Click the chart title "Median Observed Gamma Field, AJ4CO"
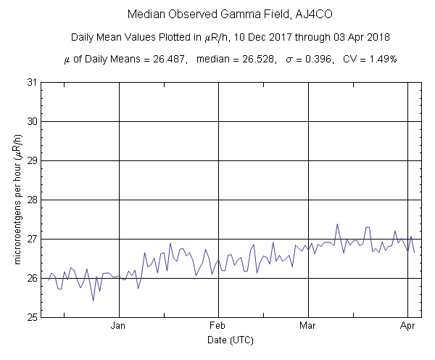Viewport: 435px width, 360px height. pyautogui.click(x=217, y=15)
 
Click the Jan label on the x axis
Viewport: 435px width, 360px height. pyautogui.click(x=118, y=326)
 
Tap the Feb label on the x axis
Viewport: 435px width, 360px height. pyautogui.click(x=219, y=326)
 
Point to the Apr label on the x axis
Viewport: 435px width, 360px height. pyautogui.click(x=408, y=326)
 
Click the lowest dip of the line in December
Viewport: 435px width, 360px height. pyautogui.click(x=93, y=300)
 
